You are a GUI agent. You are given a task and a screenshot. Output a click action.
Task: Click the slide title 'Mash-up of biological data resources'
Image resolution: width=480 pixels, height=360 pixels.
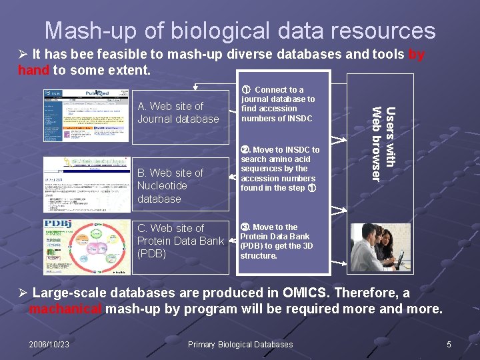[x=240, y=31]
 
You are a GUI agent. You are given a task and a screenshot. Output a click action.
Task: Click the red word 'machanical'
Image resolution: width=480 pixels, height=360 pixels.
[x=65, y=309]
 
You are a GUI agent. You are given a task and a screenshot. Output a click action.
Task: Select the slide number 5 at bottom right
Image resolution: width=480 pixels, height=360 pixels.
[x=449, y=344]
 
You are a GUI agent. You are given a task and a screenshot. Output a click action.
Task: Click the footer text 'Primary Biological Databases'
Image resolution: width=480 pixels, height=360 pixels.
[x=240, y=344]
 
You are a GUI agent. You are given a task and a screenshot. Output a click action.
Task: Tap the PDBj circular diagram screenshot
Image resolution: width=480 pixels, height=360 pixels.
[x=87, y=247]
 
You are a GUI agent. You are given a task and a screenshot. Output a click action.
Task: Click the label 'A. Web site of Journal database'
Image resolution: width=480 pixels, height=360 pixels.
[x=178, y=112]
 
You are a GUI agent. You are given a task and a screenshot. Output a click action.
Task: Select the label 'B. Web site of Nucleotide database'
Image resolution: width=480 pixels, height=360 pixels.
[x=170, y=185]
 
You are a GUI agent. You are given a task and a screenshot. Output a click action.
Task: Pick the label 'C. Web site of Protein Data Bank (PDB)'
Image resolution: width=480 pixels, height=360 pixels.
[x=180, y=241]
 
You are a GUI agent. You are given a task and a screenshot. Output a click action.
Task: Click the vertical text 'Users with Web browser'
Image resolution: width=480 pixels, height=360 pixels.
[x=383, y=143]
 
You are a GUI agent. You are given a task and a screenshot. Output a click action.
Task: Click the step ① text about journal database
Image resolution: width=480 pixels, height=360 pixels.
[x=277, y=104]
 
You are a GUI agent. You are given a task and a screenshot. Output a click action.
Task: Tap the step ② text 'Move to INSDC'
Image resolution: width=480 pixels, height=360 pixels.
[x=280, y=169]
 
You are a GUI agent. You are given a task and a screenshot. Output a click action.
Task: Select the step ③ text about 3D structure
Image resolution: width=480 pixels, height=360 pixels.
[x=275, y=241]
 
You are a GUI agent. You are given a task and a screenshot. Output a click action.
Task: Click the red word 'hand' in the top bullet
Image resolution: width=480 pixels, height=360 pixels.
[x=33, y=69]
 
